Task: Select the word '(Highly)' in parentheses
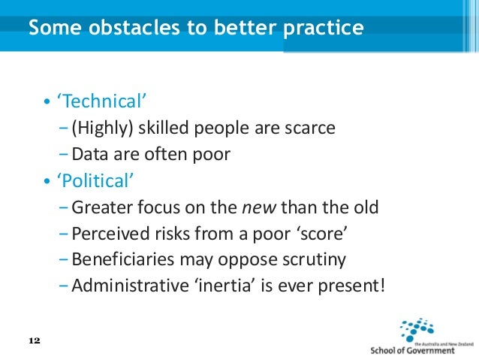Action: point(101,128)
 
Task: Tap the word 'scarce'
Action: point(309,128)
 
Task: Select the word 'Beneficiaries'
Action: point(117,259)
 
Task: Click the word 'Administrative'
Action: point(123,286)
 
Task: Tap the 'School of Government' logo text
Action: point(423,349)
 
